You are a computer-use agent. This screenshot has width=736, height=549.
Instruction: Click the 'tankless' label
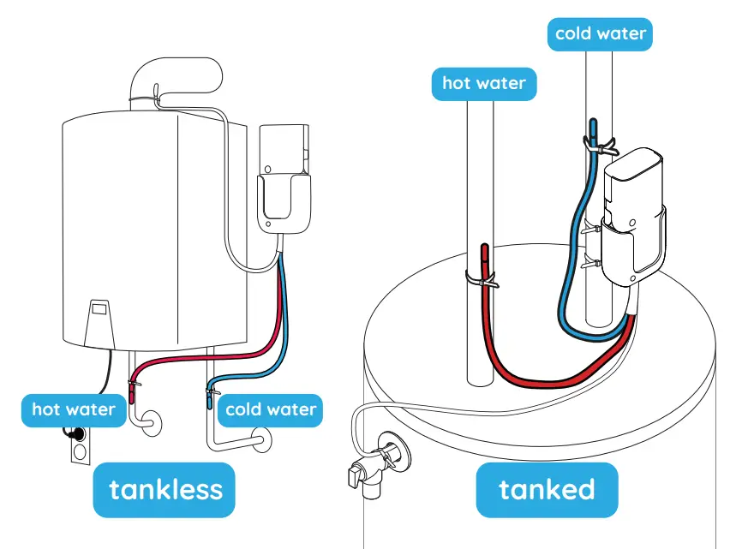point(165,489)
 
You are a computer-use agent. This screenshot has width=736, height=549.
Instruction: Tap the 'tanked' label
point(547,489)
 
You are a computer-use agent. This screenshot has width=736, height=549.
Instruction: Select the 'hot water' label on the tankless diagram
point(73,409)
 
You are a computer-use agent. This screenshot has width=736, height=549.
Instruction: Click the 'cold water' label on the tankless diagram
point(271,409)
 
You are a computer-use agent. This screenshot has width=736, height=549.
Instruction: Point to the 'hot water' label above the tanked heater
point(484,84)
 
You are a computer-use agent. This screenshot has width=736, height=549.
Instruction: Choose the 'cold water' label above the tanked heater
point(600,33)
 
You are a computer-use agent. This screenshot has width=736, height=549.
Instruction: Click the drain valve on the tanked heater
point(374,469)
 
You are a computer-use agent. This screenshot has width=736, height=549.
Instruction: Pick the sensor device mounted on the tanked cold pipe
point(635,214)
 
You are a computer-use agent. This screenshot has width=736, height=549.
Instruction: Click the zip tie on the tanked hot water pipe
point(481,280)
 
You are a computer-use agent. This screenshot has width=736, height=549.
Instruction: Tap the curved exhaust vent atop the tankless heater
point(176,79)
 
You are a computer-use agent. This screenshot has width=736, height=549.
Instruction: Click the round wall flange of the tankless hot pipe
point(153,421)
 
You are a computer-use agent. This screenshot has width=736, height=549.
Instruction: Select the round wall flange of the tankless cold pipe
point(261,440)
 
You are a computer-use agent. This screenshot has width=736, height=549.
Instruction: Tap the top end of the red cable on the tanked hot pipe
point(484,250)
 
